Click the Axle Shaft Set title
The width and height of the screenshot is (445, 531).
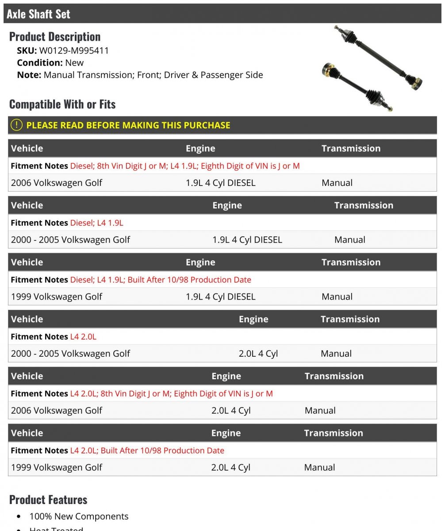tap(38, 14)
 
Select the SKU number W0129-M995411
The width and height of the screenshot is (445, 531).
tap(74, 50)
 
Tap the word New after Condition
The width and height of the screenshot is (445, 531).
tap(74, 63)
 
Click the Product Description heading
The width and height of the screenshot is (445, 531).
tap(55, 37)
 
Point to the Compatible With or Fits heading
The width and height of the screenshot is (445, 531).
tap(62, 104)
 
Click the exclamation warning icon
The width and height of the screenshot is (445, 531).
tap(16, 125)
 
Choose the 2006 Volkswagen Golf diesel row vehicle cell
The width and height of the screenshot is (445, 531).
tap(57, 183)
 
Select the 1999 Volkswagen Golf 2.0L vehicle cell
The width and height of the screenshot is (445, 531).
tap(57, 467)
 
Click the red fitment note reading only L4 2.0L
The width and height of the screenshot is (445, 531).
tap(83, 337)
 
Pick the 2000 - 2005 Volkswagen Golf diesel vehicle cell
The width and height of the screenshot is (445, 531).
tap(70, 240)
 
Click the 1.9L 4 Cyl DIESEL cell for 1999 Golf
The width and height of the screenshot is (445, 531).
tap(220, 296)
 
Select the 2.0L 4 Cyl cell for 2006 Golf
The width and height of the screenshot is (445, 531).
tap(231, 411)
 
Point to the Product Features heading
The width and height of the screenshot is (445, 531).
tap(48, 500)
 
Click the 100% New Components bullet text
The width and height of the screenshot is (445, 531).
tap(79, 516)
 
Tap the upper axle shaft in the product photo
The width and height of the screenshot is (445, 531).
tap(376, 55)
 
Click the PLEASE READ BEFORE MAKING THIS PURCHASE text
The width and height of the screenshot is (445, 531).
tap(128, 125)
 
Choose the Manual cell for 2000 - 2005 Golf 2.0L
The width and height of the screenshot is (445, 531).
tap(336, 354)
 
